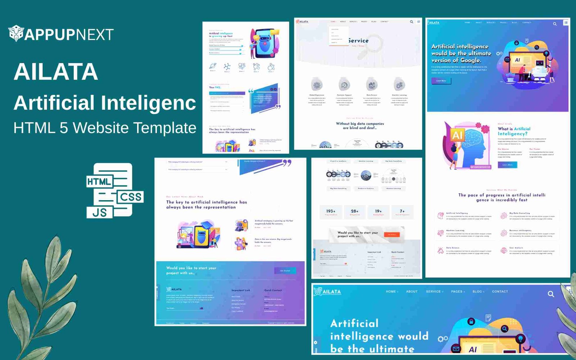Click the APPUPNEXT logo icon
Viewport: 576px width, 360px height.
[16, 33]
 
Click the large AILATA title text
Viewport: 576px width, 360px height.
[56, 72]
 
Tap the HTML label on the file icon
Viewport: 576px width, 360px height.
[99, 182]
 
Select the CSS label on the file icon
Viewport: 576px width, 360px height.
[131, 197]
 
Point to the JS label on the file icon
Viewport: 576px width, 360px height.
[99, 212]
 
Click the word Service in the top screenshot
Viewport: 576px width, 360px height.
[359, 41]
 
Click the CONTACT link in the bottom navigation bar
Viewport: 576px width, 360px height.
[500, 292]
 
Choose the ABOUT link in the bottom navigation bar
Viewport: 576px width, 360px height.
[412, 292]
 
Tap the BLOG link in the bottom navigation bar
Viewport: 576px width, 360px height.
[477, 292]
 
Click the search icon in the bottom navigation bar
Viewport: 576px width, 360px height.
[551, 294]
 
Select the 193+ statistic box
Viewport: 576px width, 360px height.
[331, 212]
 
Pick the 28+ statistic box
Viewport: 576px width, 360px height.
[355, 212]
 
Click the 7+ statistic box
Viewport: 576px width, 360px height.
[402, 212]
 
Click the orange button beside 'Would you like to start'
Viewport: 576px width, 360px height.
[392, 235]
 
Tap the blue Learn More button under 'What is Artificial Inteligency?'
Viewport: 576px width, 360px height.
[507, 165]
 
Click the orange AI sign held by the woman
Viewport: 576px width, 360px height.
[457, 135]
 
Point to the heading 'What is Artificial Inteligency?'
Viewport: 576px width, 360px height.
[514, 131]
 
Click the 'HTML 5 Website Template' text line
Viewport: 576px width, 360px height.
[105, 128]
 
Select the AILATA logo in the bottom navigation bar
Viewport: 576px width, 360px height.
[328, 291]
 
